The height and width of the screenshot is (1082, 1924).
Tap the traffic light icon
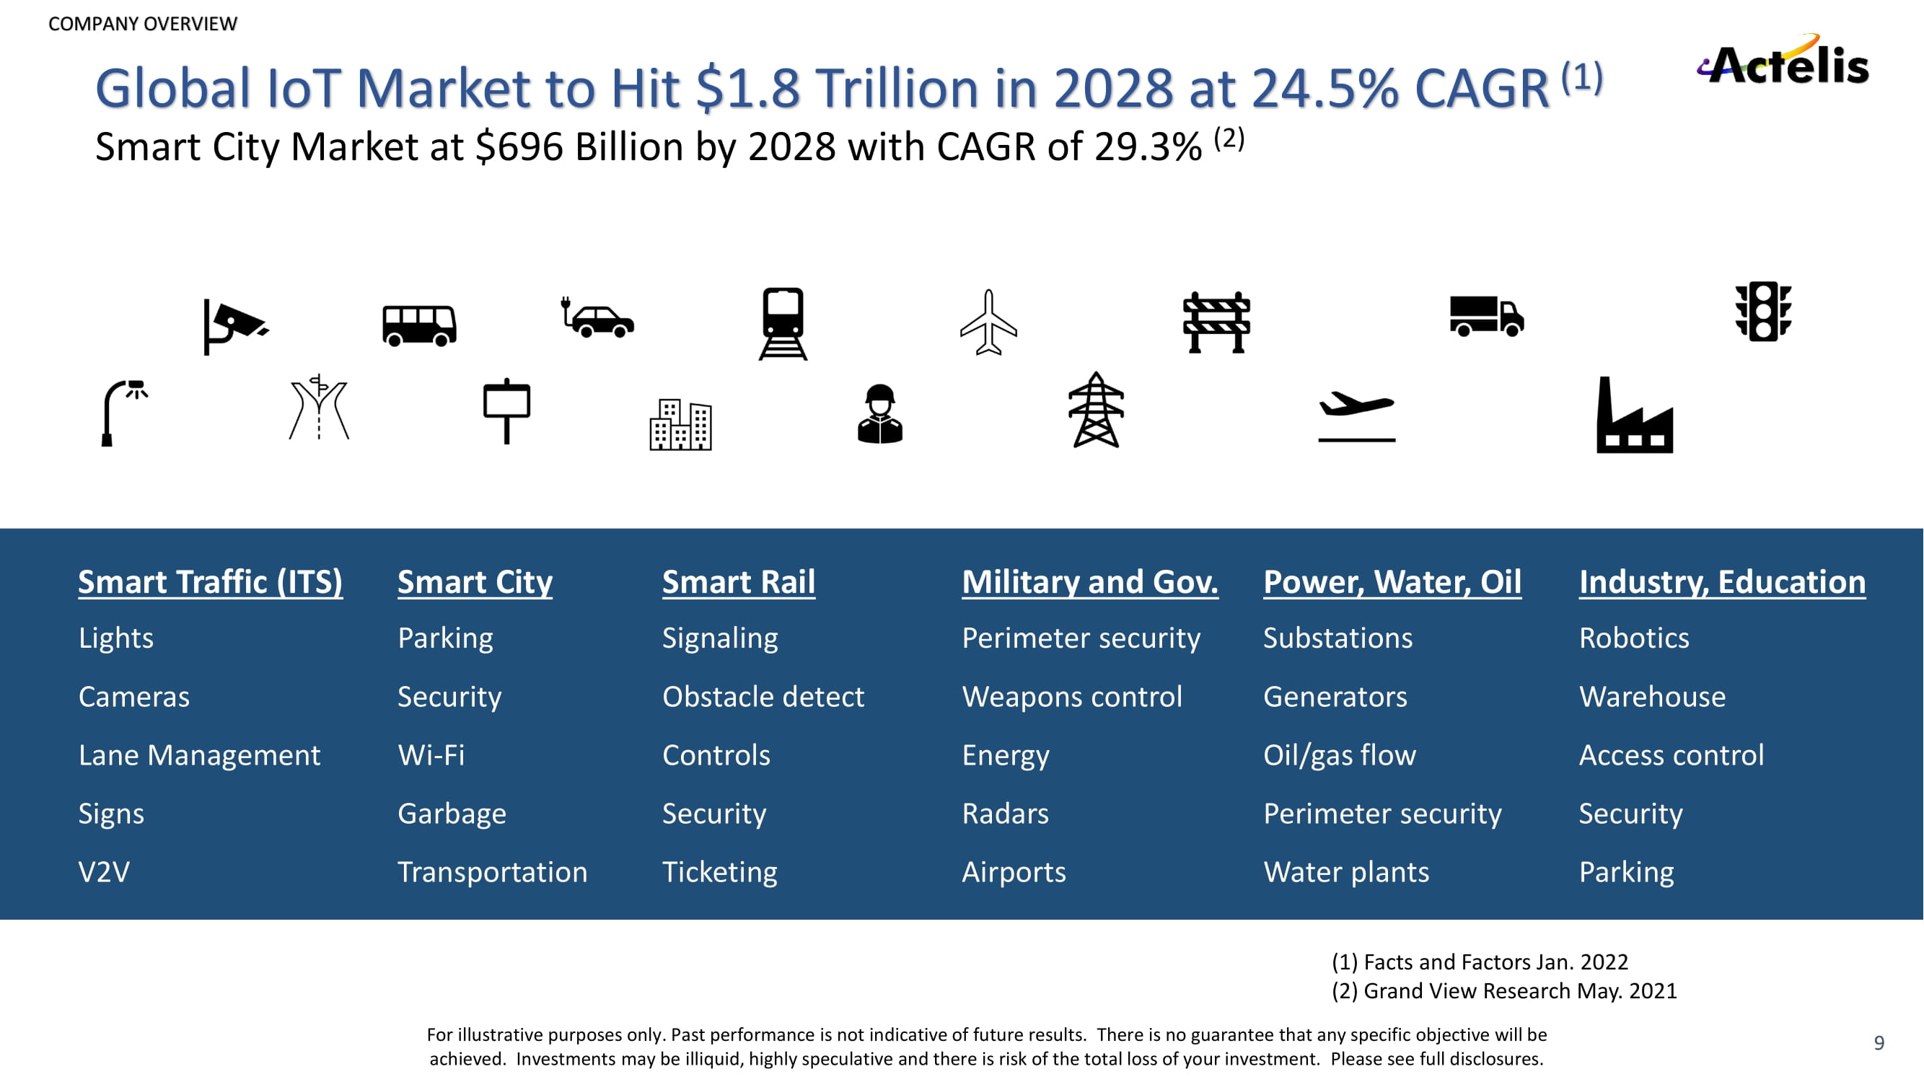1762,312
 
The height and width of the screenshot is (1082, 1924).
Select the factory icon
1633,417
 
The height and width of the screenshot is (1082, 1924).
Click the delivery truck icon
1486,316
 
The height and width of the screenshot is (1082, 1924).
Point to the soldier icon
880,415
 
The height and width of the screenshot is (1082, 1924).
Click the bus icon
419,325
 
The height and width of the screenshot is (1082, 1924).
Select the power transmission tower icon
1096,410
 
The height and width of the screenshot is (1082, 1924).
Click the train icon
783,323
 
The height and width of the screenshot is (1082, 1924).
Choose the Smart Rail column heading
738,581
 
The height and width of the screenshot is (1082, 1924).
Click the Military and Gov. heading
1090,581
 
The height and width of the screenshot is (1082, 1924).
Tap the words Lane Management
199,755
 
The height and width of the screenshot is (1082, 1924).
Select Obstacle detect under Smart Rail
763,697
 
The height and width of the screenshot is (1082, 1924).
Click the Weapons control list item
1072,697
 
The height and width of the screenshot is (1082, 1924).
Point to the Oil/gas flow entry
1339,755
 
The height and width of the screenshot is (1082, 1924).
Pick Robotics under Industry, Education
1633,638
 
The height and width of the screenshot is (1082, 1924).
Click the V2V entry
104,871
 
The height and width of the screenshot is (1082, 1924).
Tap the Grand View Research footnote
1503,990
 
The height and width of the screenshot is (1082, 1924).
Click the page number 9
1879,1042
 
